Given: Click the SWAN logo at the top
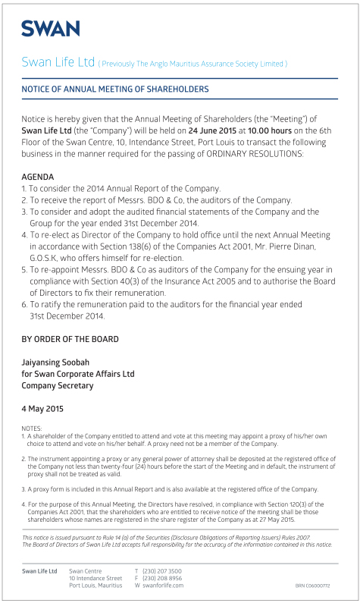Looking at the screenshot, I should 50,29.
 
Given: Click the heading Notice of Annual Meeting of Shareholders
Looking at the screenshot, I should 115,90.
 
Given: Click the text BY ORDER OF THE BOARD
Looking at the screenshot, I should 70,339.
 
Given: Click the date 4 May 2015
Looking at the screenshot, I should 43,409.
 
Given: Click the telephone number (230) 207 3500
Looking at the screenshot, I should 162,570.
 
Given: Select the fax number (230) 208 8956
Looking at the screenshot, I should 162,578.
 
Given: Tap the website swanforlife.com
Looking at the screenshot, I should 164,586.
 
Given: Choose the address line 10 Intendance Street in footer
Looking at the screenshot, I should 95,578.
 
